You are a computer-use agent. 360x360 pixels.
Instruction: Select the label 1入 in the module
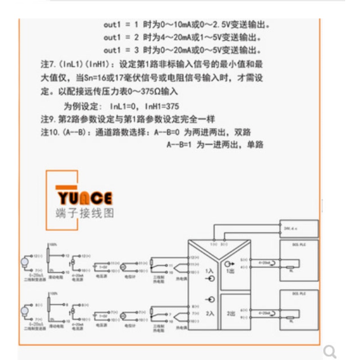tap(210, 272)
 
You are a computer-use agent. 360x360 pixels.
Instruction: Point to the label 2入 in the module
tap(210, 311)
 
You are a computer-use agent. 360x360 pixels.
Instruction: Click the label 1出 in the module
tap(231, 272)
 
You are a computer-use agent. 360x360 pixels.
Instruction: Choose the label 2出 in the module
tap(231, 312)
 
